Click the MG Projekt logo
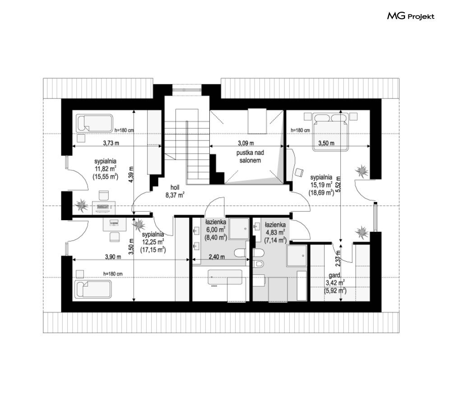(410, 16)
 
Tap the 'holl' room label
(175, 187)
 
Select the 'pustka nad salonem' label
(250, 156)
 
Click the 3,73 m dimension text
(111, 143)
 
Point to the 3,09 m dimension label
(245, 143)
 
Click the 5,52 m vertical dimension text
(338, 184)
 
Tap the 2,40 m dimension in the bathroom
(217, 257)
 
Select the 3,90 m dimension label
(113, 257)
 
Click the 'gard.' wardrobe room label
(334, 275)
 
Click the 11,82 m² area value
(106, 169)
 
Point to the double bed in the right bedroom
(331, 132)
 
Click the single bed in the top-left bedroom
(94, 123)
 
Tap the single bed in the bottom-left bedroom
(93, 289)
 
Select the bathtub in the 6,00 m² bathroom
(225, 278)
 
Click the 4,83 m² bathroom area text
(275, 233)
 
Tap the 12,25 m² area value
(153, 242)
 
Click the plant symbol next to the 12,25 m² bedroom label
(139, 224)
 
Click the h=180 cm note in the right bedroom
(300, 130)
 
